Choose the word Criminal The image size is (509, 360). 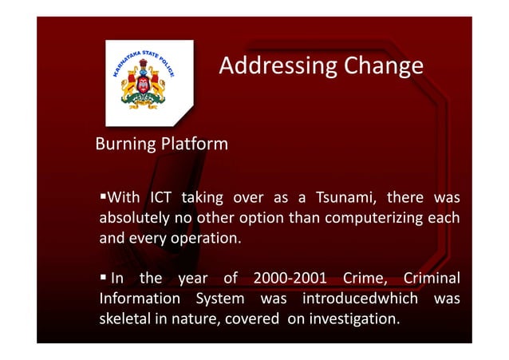432,279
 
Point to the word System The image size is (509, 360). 218,299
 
